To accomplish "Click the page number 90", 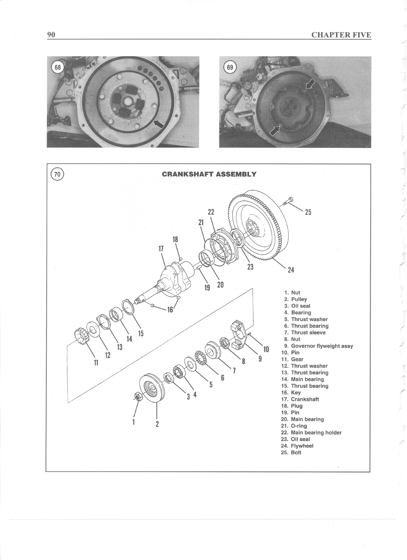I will tap(51, 35).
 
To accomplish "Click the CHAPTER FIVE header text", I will tap(341, 35).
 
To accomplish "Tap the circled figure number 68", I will tap(57, 67).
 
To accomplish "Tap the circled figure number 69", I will tap(230, 67).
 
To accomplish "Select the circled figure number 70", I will tap(57, 174).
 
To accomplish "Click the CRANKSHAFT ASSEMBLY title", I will tap(209, 174).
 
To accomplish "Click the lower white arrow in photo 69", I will tap(275, 130).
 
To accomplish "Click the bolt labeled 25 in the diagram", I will tap(287, 202).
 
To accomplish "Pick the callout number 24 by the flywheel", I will tap(291, 270).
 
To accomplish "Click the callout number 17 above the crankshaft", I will tap(161, 249).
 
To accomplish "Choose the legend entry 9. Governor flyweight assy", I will tap(318, 346).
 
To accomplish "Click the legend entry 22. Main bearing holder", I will tap(311, 432).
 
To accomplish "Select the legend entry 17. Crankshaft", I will tap(300, 399).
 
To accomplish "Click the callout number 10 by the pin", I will tap(266, 349).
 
